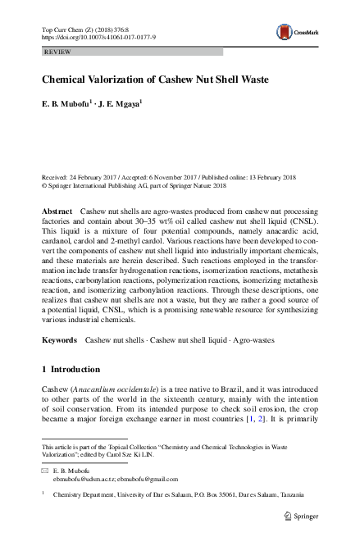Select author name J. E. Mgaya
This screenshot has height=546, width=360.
click(x=120, y=104)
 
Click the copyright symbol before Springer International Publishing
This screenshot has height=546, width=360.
click(x=44, y=185)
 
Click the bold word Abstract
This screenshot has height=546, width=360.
click(x=57, y=212)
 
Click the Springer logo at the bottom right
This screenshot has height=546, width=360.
click(x=300, y=516)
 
